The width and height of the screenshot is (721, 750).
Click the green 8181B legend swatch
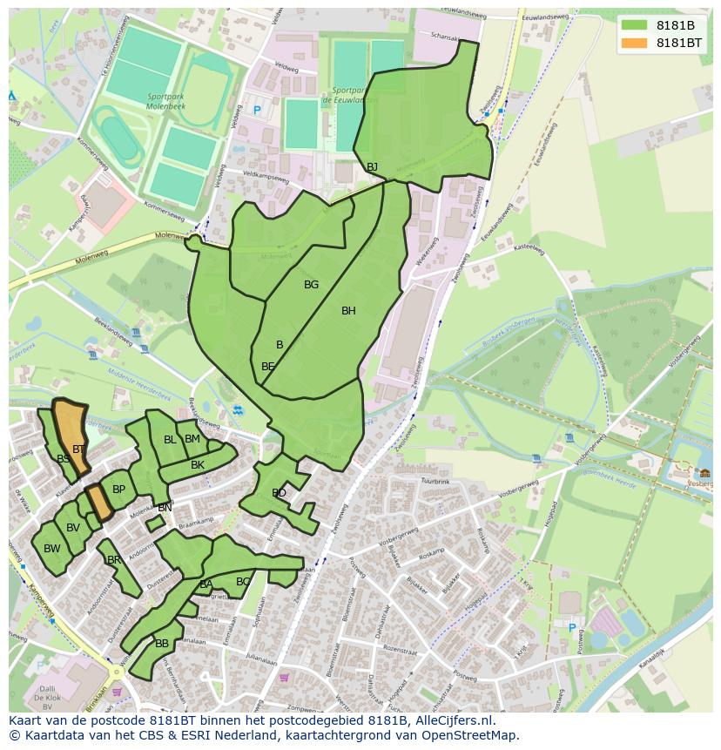pyautogui.click(x=635, y=25)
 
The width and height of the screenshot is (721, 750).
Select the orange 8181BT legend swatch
pyautogui.click(x=635, y=43)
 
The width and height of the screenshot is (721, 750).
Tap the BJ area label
pyautogui.click(x=372, y=166)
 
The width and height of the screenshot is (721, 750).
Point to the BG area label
pyautogui.click(x=311, y=285)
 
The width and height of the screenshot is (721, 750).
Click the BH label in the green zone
pyautogui.click(x=348, y=311)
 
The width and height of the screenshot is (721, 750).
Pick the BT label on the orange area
pyautogui.click(x=78, y=449)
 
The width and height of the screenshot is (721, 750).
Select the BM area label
pyautogui.click(x=192, y=439)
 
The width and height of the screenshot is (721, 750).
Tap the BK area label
pyautogui.click(x=198, y=465)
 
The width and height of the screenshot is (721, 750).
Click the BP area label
pyautogui.click(x=118, y=490)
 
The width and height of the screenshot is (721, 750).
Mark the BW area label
pyautogui.click(x=52, y=549)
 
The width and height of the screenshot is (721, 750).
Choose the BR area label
pyautogui.click(x=113, y=560)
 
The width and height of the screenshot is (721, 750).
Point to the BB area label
pyautogui.click(x=162, y=644)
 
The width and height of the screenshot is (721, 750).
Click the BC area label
pyautogui.click(x=243, y=582)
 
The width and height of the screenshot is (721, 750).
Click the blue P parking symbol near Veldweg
pyautogui.click(x=257, y=111)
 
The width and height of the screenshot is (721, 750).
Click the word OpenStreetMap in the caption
pyautogui.click(x=470, y=735)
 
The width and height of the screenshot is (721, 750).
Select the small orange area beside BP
pyautogui.click(x=98, y=502)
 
